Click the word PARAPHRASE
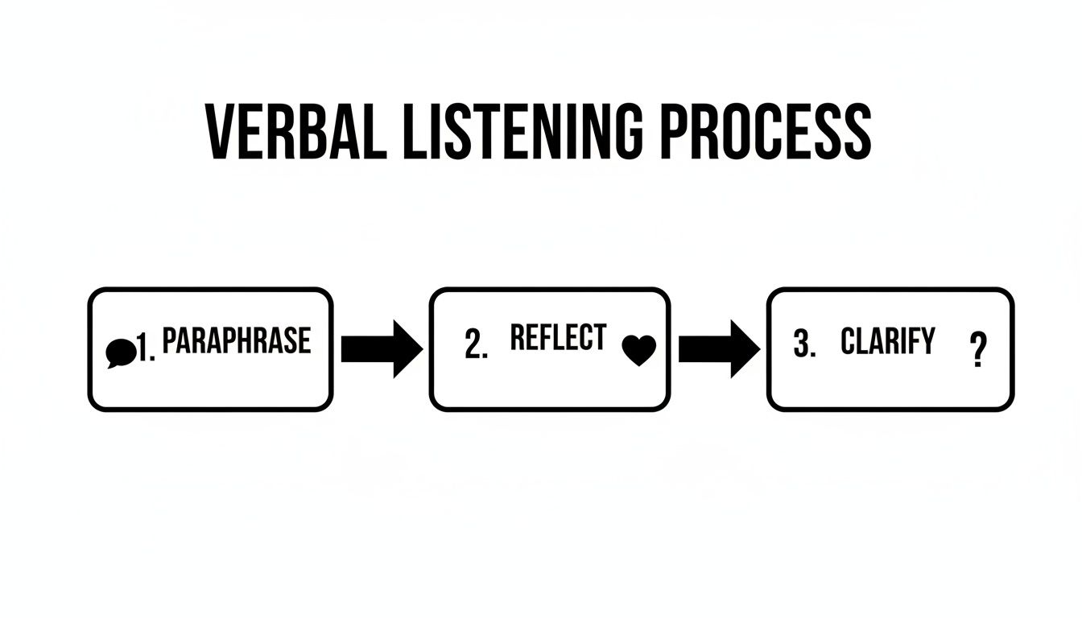pos(236,341)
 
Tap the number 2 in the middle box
pos(475,344)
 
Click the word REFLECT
pos(558,338)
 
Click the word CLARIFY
pos(888,341)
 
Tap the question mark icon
pos(978,352)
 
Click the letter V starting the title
pos(221,131)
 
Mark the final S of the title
pos(857,131)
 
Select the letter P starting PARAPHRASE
pos(170,341)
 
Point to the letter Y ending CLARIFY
pos(927,341)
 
